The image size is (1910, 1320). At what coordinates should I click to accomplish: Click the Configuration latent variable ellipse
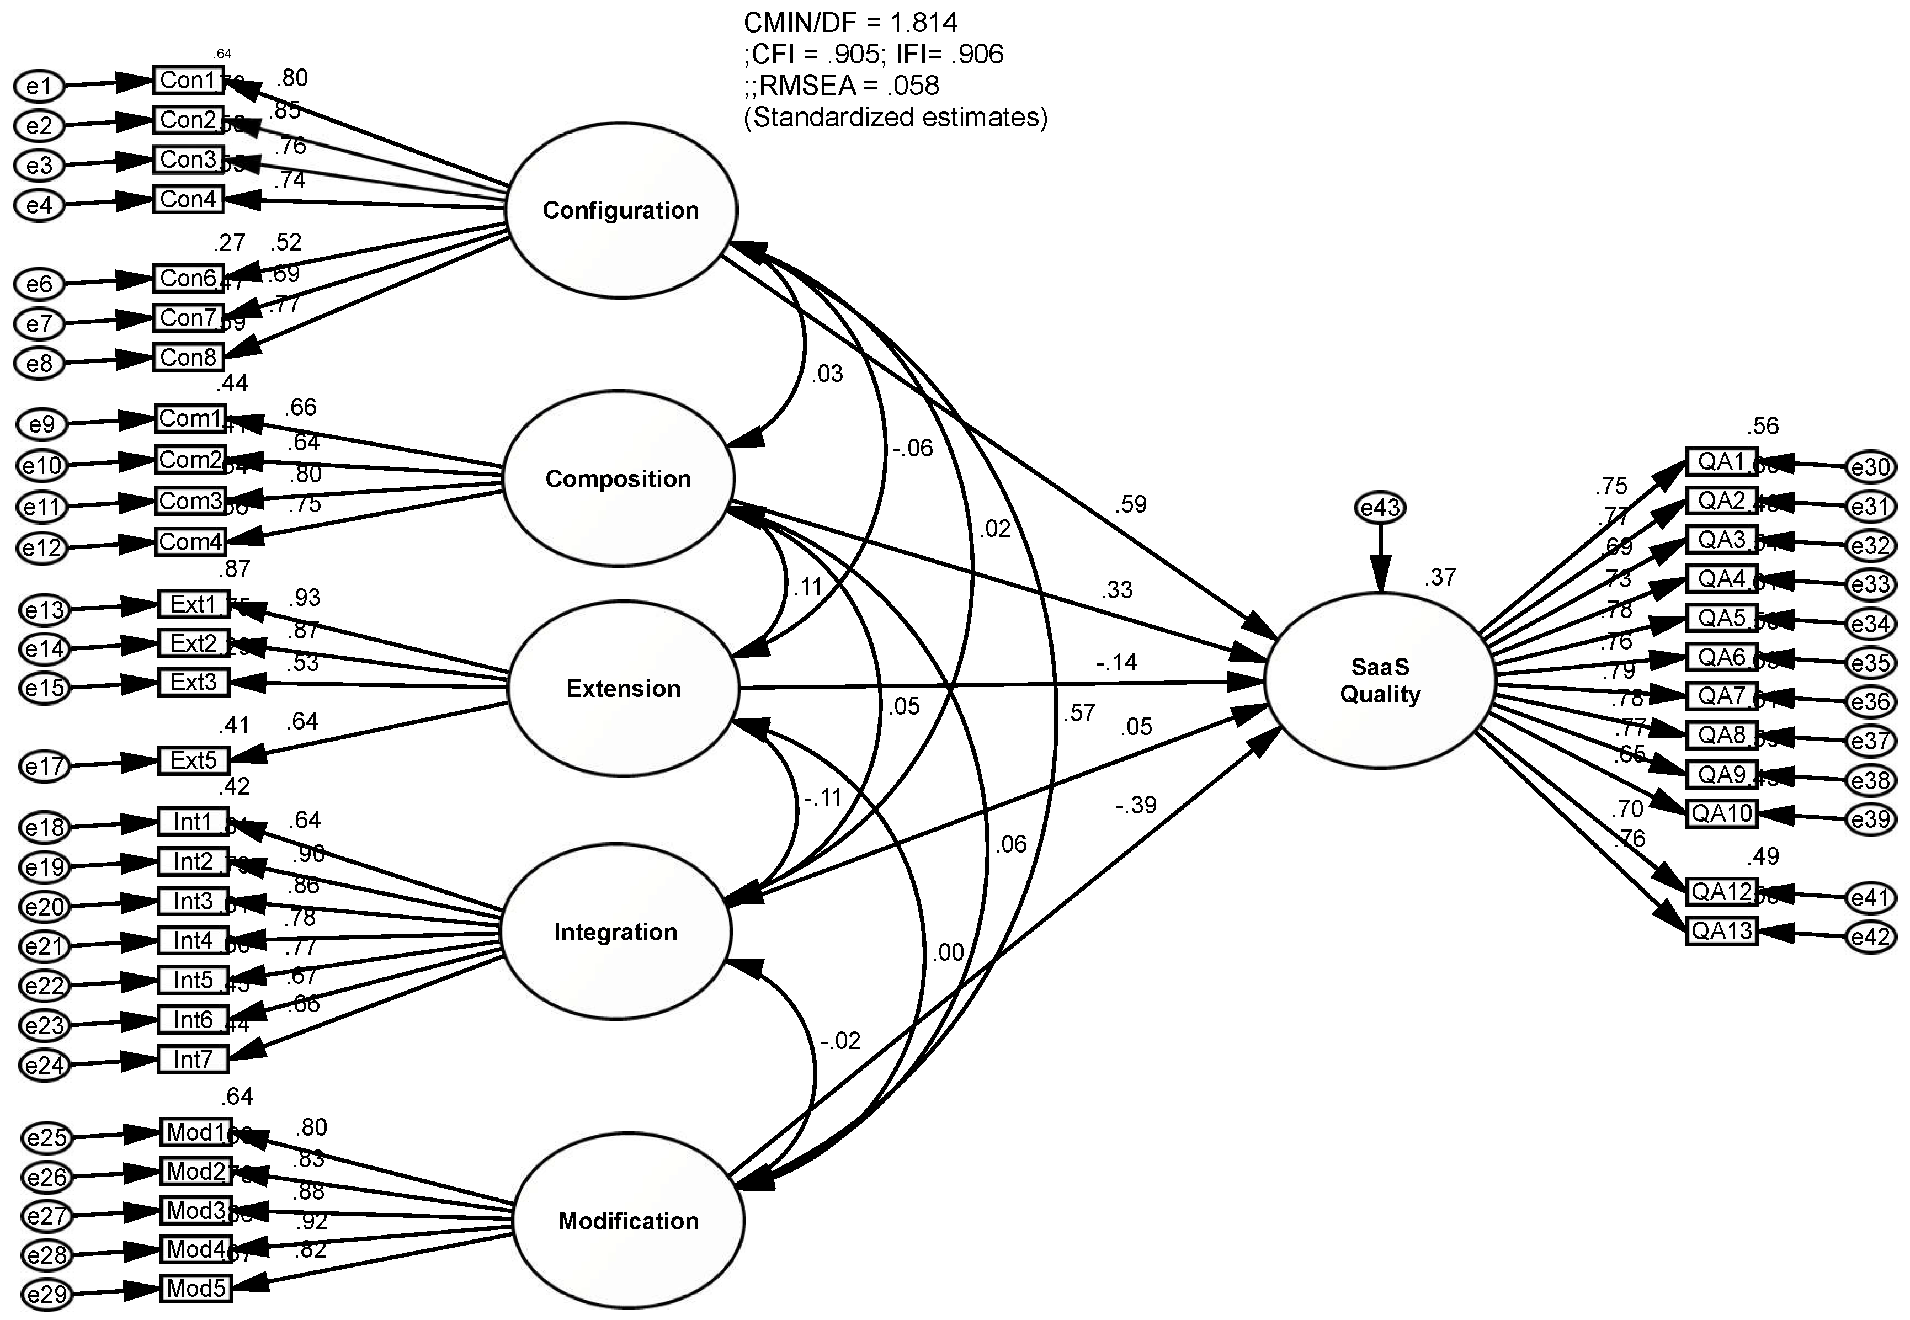[x=620, y=210]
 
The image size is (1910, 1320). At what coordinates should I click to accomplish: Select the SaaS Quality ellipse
[x=1379, y=680]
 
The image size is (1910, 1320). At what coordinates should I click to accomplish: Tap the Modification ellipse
[x=628, y=1221]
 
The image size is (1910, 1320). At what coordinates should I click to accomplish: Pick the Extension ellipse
[x=623, y=688]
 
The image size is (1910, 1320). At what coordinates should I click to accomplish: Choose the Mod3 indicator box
[x=196, y=1211]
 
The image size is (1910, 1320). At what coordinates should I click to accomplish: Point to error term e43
[x=1379, y=507]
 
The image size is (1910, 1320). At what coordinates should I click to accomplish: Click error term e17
[x=44, y=766]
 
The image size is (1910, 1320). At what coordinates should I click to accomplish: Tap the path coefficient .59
[x=1130, y=504]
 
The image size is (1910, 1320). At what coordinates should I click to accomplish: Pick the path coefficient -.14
[x=1117, y=662]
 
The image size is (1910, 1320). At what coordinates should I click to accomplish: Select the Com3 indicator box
[x=191, y=501]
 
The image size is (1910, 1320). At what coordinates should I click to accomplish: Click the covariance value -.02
[x=840, y=1040]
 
